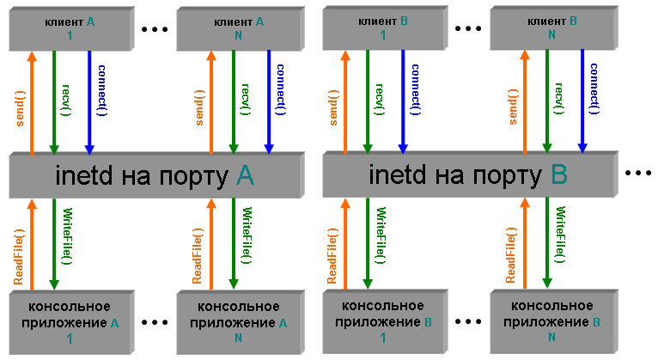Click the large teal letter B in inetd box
point(559,175)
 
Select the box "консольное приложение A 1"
point(69,320)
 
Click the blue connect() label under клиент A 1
point(101,90)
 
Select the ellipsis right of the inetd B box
point(639,174)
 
